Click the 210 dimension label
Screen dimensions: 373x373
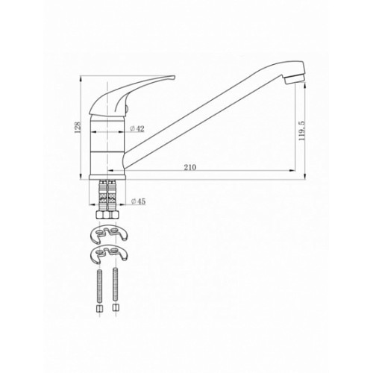pyautogui.click(x=190, y=167)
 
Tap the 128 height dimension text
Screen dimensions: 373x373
pyautogui.click(x=78, y=127)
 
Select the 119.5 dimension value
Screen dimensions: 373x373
pyautogui.click(x=302, y=131)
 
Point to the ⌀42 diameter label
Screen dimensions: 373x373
pyautogui.click(x=137, y=128)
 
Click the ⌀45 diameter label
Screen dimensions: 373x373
pyautogui.click(x=138, y=201)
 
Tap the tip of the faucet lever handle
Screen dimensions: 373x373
pyautogui.click(x=175, y=77)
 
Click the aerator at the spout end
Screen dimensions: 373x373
pyautogui.click(x=295, y=79)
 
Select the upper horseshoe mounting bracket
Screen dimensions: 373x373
pyautogui.click(x=108, y=234)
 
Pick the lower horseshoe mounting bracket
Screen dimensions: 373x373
pyautogui.click(x=108, y=255)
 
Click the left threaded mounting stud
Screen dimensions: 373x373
pyautogui.click(x=99, y=285)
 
